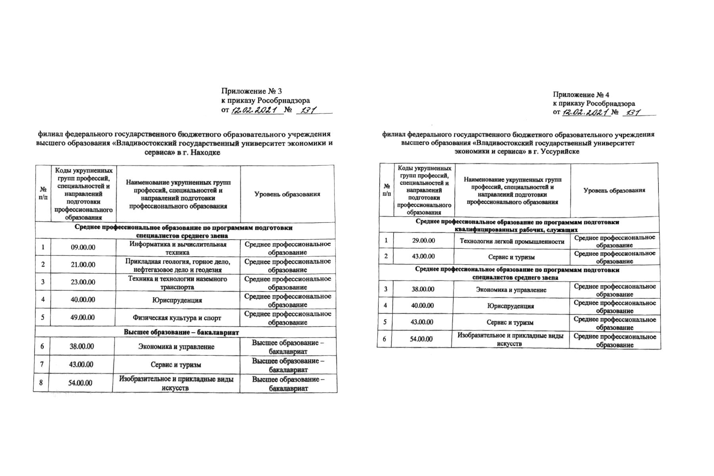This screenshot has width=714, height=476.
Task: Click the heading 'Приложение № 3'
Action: pyautogui.click(x=251, y=91)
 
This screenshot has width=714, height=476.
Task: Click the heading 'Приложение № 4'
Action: pyautogui.click(x=581, y=95)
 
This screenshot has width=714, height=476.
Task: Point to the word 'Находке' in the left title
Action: pyautogui.click(x=205, y=152)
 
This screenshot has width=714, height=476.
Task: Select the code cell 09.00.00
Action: pyautogui.click(x=83, y=248)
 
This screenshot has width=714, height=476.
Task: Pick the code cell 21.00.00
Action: pyautogui.click(x=83, y=265)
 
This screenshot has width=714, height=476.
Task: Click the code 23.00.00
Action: pyautogui.click(x=83, y=282)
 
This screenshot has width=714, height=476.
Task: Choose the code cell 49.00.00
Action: pyautogui.click(x=83, y=318)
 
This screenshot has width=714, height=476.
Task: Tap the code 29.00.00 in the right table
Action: pyautogui.click(x=423, y=241)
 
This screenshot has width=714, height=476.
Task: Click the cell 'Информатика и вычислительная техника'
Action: pyautogui.click(x=178, y=248)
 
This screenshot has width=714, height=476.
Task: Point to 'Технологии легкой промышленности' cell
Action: pyautogui.click(x=512, y=241)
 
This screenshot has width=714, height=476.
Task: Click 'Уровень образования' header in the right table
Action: pyautogui.click(x=614, y=190)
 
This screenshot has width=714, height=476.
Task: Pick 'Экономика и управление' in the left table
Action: pyautogui.click(x=176, y=347)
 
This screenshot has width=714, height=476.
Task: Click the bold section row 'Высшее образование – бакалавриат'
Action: pyautogui.click(x=182, y=332)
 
